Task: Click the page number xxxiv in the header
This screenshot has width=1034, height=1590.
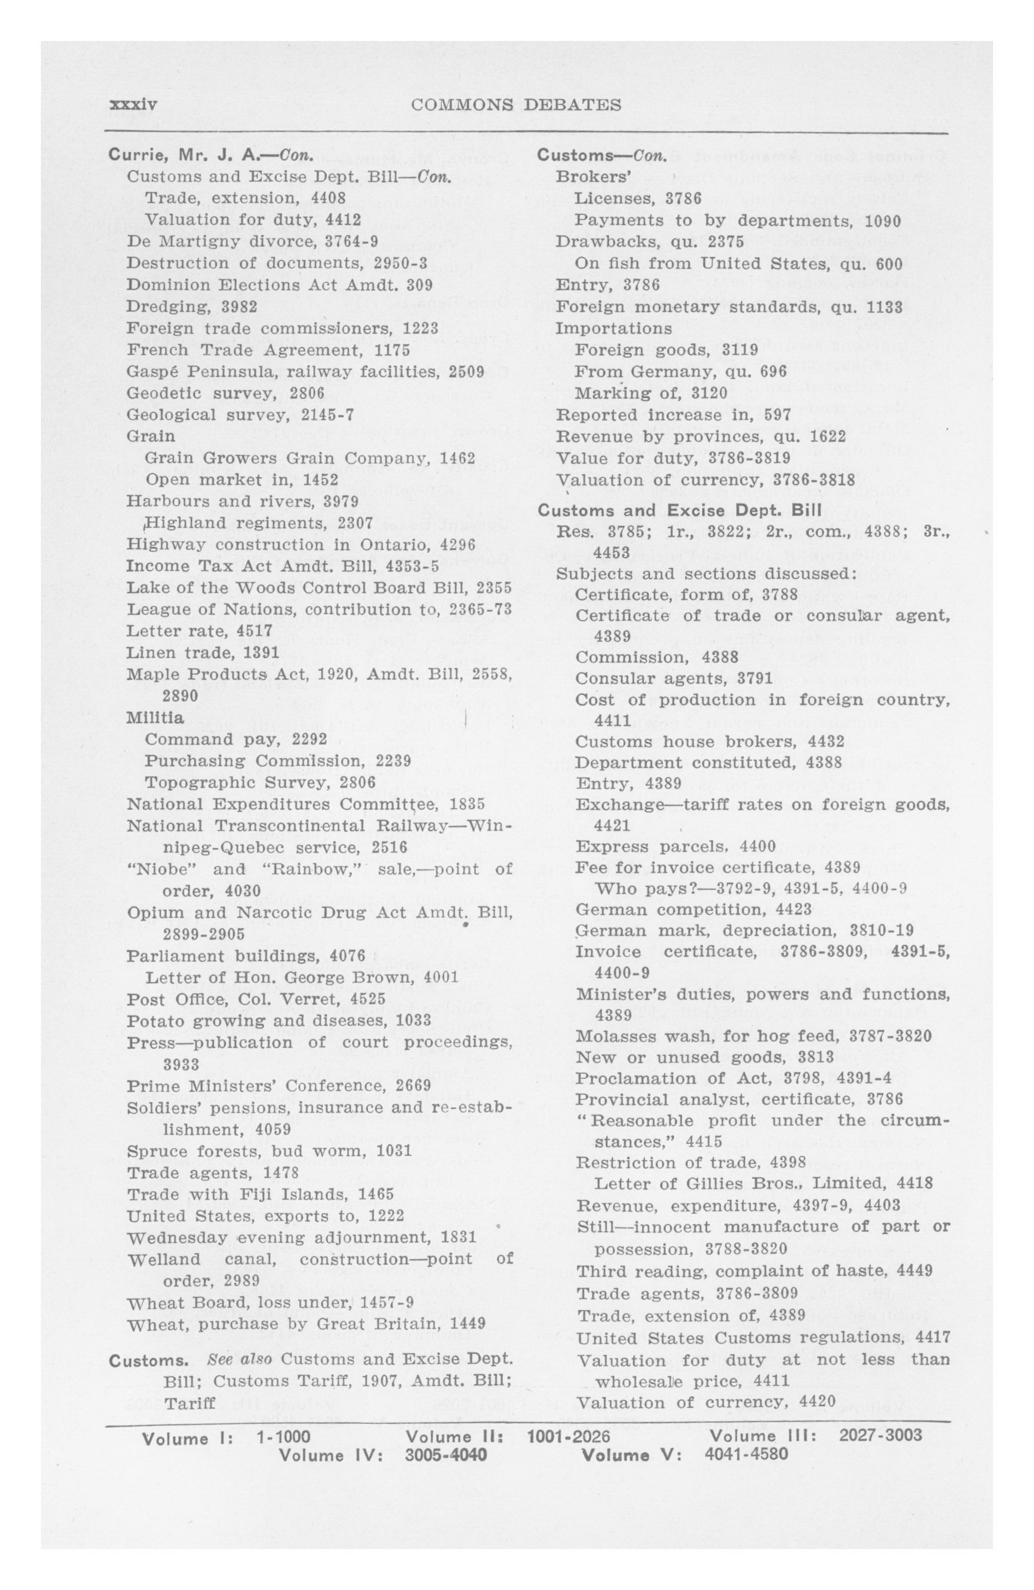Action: [132, 105]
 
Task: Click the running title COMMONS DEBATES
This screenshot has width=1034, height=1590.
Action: [516, 105]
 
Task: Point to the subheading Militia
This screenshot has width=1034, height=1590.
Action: [155, 717]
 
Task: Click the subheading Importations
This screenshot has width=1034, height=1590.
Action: [613, 329]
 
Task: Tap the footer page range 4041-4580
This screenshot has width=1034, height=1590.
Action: [746, 1454]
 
